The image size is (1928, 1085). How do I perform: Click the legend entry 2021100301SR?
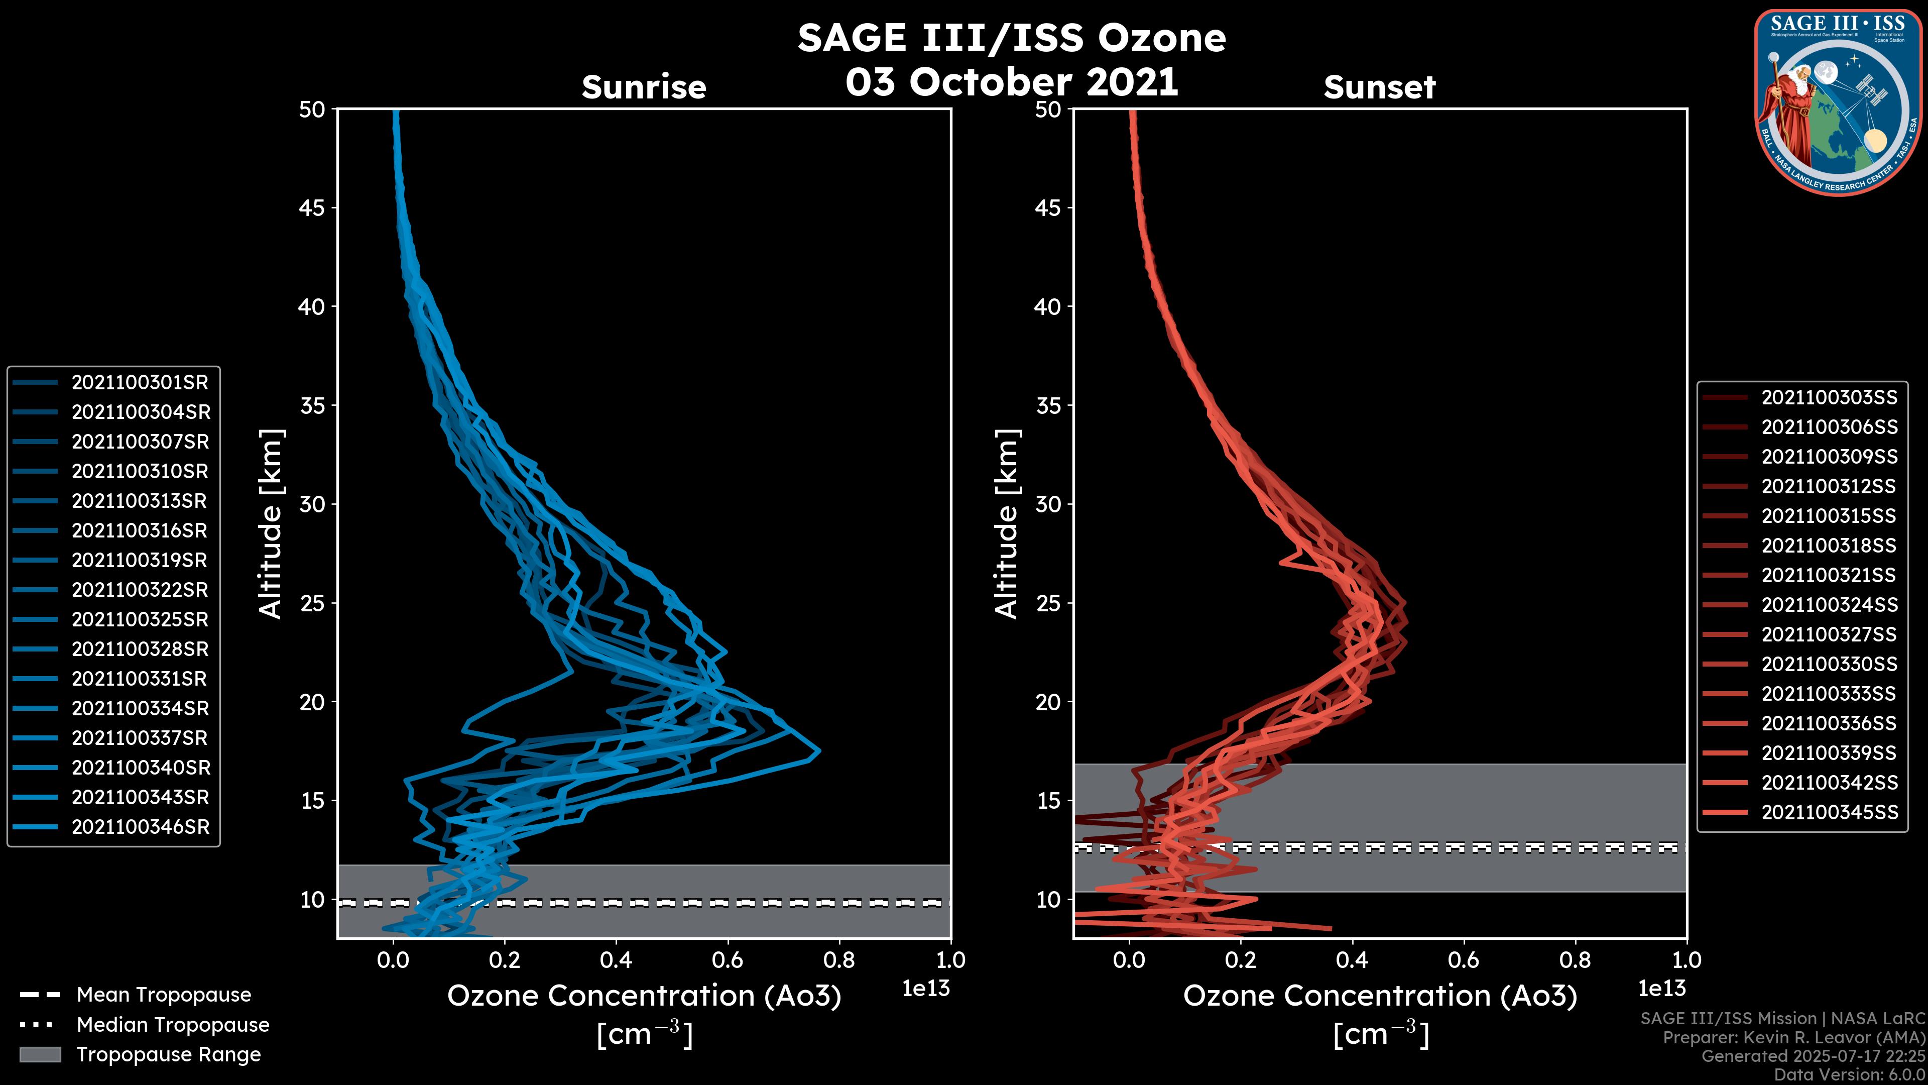(139, 383)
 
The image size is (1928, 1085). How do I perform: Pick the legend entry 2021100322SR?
(139, 590)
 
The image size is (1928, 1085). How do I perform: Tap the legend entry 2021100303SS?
(1829, 398)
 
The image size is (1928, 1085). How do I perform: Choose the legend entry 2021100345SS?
(1829, 812)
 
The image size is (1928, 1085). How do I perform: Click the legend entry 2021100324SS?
(1829, 605)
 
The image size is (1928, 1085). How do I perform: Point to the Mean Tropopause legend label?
(164, 995)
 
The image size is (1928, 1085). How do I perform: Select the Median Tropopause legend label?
(173, 1025)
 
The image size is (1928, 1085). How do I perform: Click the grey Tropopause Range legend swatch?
(40, 1055)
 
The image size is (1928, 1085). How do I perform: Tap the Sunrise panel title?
(644, 87)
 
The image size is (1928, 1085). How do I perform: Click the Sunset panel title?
(1379, 87)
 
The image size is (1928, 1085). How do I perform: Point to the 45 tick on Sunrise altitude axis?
(313, 208)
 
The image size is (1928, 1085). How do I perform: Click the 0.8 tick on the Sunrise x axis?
(839, 960)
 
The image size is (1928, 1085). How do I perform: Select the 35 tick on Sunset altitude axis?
(1048, 406)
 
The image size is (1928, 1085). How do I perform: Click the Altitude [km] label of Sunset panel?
(1007, 524)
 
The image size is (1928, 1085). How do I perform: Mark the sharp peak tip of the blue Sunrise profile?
(819, 751)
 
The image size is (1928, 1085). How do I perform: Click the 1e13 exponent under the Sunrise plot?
(926, 989)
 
